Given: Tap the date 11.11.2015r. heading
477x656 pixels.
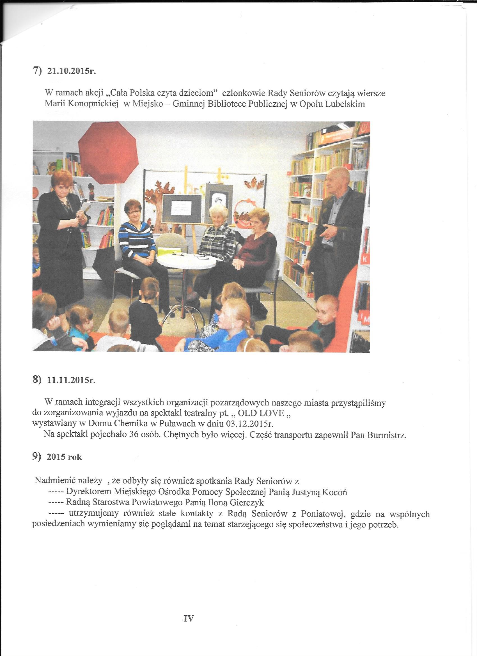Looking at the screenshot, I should pos(71,380).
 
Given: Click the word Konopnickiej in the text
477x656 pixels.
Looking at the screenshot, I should pos(92,104).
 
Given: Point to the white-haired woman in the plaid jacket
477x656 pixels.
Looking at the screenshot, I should pos(217,240).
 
